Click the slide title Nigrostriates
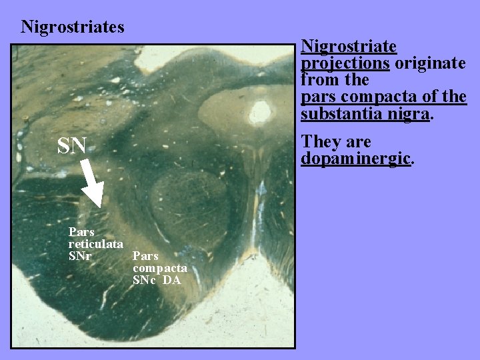(73, 27)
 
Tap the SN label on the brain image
(72, 145)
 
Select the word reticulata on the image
(95, 244)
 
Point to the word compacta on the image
(159, 268)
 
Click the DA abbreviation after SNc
(171, 280)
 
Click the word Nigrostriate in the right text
(349, 47)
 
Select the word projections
(345, 63)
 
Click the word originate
(431, 63)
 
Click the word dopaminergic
(357, 159)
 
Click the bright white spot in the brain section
(259, 109)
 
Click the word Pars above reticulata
(81, 233)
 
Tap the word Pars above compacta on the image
(145, 256)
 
